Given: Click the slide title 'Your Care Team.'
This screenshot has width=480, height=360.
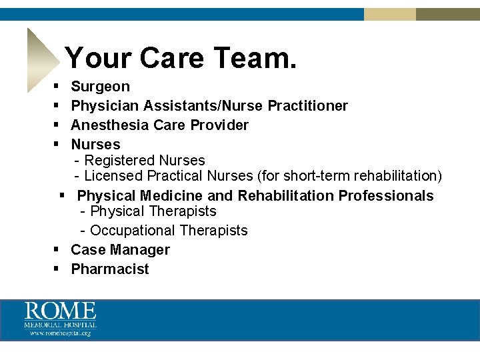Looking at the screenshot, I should [x=180, y=58].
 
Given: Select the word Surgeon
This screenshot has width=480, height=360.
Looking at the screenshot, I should [x=100, y=87].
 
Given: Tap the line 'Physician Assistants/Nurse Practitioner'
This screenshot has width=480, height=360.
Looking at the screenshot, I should [x=209, y=106].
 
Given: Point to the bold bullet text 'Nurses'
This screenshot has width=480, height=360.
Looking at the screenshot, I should [x=95, y=145].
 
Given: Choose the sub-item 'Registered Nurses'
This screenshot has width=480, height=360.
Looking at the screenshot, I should [x=144, y=161].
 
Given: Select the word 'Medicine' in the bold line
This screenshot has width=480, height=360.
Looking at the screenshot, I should [x=172, y=196].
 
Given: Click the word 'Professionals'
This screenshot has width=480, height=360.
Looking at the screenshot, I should [x=386, y=196].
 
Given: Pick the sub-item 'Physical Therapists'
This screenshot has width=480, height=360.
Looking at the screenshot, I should [x=153, y=211].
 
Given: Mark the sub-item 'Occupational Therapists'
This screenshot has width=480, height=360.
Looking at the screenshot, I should [x=168, y=231].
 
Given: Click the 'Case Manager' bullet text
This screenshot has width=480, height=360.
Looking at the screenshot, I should [x=120, y=250].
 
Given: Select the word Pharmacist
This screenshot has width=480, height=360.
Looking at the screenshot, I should [x=110, y=269].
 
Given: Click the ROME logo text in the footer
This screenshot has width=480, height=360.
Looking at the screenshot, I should [x=61, y=311].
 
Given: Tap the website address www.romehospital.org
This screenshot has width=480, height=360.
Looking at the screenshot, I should [x=60, y=333].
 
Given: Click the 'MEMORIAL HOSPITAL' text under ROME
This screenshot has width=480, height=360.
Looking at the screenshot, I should [x=61, y=325].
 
